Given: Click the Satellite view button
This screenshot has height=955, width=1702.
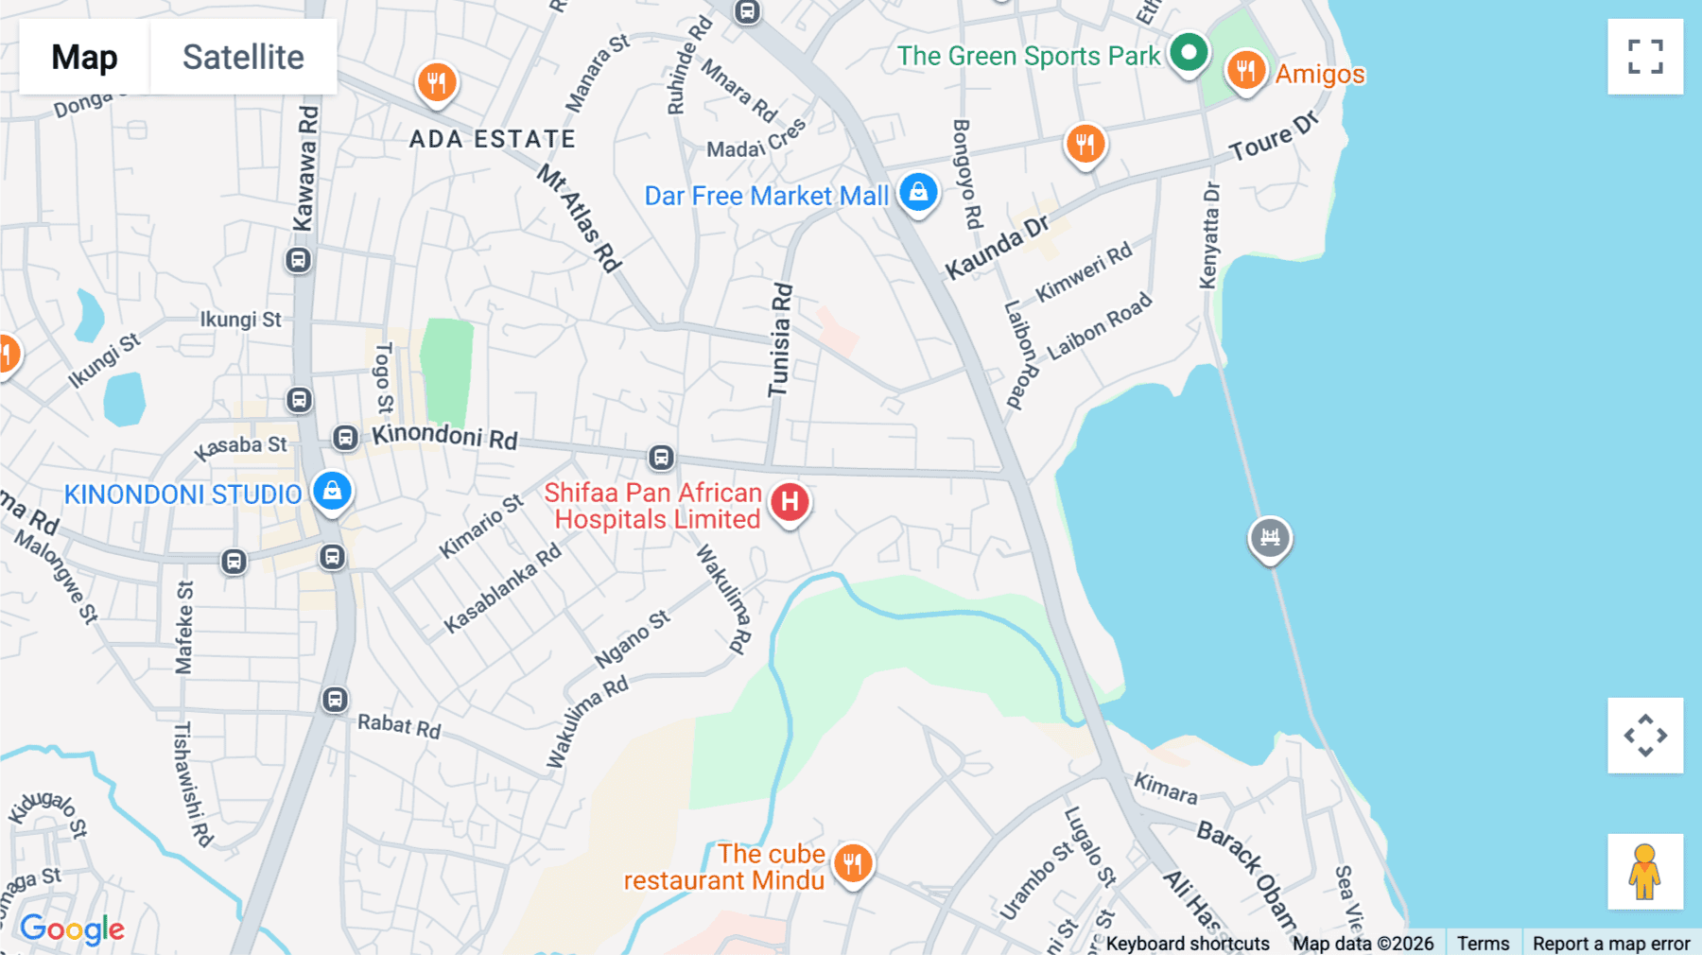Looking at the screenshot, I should [243, 57].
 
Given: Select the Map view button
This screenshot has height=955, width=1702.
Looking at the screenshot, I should [84, 57].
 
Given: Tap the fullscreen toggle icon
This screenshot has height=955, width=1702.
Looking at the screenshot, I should [1645, 57].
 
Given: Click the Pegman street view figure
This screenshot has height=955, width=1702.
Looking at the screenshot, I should [1644, 871].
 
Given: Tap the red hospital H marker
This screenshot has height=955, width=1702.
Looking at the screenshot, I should [790, 502].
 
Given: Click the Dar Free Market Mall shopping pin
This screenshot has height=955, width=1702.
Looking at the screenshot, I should [918, 192].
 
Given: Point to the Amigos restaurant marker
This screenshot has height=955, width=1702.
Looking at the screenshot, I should [1245, 70].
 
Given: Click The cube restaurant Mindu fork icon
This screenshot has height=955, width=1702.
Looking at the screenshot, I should [853, 862].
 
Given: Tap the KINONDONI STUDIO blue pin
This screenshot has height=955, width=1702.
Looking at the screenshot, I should [332, 491].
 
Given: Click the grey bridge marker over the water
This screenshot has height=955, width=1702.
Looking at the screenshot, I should [1270, 537].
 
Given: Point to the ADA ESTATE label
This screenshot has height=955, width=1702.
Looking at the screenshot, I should [493, 139].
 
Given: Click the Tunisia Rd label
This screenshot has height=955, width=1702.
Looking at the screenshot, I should [780, 340].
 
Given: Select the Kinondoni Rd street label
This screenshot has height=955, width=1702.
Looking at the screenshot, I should [444, 436].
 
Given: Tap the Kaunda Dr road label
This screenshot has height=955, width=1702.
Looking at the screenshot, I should [998, 247].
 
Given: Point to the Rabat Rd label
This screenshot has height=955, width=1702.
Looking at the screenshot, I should [399, 725].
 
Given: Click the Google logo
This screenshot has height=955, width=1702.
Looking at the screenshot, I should [73, 929].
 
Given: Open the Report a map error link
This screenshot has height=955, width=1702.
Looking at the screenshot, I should [1611, 943].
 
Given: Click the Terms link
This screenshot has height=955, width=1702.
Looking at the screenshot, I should [1483, 943].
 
